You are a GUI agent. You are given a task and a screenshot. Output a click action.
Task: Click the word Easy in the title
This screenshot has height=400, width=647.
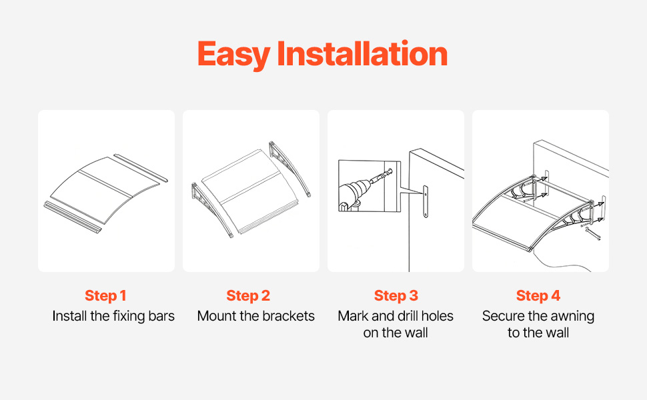tap(234, 55)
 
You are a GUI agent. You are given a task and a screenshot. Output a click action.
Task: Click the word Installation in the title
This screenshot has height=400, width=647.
tap(362, 53)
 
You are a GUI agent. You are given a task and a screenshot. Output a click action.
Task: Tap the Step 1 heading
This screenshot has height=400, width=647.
tap(105, 296)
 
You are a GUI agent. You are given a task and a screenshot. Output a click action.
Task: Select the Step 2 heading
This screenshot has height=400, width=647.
tap(248, 296)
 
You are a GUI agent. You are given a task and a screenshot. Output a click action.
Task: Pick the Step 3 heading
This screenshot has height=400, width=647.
tap(396, 296)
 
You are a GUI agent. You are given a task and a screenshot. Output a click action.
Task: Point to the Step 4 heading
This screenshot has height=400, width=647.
tap(538, 296)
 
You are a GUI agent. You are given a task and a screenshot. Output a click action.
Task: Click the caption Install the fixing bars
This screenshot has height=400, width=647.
tap(113, 316)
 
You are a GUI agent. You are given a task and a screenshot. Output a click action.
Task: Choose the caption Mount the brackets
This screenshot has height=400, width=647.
tap(256, 316)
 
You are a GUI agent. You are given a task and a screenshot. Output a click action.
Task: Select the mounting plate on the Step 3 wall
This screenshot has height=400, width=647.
tap(426, 201)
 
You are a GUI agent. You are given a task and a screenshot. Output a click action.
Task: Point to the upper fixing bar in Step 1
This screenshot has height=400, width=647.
tap(141, 168)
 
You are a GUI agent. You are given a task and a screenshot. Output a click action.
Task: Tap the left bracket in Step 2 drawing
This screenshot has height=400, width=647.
tap(210, 209)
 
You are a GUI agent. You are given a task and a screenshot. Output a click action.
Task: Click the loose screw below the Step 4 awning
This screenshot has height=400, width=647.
tap(593, 234)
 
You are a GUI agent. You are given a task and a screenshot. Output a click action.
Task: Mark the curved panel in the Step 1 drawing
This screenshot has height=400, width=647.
tap(104, 190)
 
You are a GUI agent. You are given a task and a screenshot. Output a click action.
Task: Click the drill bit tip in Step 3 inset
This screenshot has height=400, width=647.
tap(390, 170)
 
